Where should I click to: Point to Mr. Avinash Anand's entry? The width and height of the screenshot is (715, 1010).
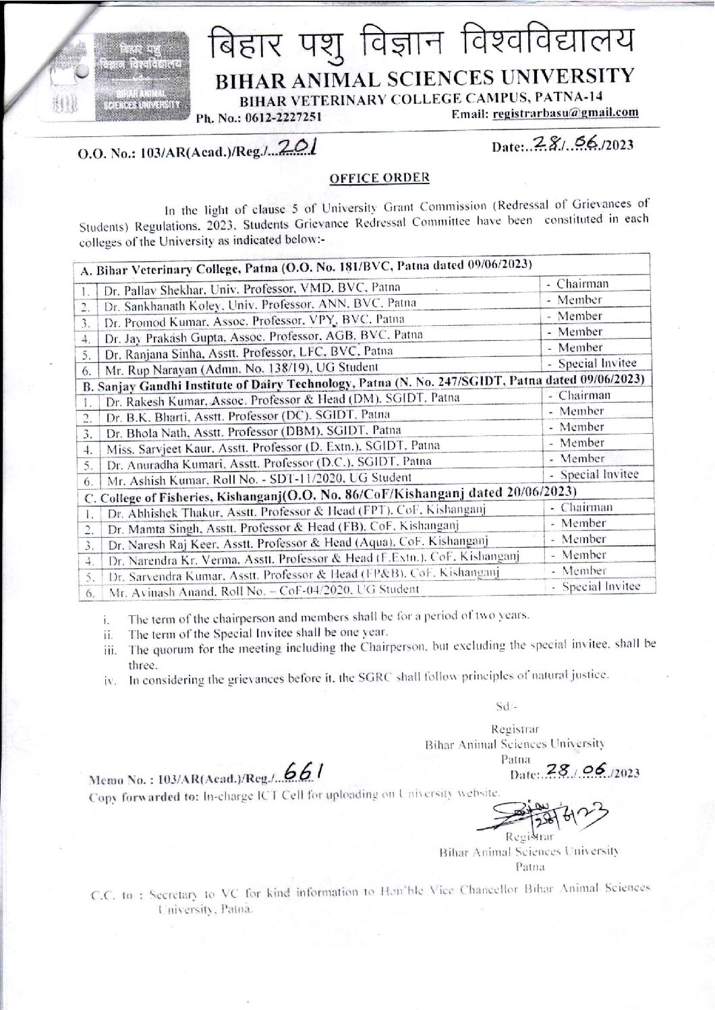click(x=263, y=588)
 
